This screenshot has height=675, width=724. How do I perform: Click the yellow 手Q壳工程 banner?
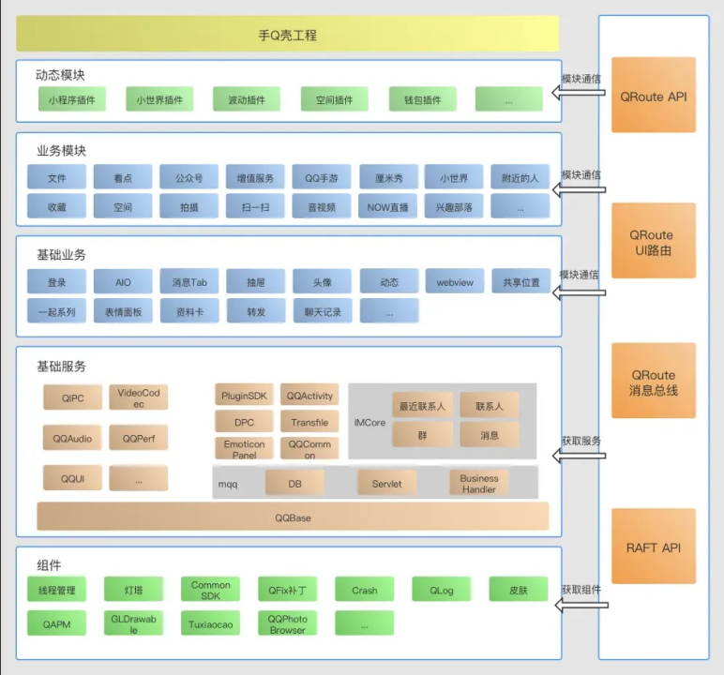pos(287,34)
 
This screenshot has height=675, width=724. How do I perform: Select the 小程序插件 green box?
pos(72,99)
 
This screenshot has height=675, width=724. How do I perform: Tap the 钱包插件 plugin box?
pos(422,99)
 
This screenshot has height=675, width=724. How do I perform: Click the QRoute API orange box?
pos(654,95)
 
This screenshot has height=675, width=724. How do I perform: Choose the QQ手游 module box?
pos(322,177)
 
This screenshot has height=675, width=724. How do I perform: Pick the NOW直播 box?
pos(387,206)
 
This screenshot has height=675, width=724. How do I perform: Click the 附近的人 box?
pos(520,177)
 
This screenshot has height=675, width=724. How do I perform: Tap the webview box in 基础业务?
pos(455,281)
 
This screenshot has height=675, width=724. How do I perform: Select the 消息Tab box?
pos(189,281)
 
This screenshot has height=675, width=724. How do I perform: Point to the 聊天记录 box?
pos(323,310)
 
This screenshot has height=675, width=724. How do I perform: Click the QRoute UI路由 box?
pos(654,241)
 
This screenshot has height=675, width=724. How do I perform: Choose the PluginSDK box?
pos(244,396)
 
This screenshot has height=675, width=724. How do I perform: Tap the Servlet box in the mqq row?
pos(387,483)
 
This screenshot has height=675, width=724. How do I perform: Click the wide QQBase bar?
pos(293,517)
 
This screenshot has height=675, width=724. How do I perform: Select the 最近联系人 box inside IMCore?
pos(422,405)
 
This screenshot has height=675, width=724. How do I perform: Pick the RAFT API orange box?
pos(654,547)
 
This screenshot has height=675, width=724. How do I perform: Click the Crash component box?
pos(364,589)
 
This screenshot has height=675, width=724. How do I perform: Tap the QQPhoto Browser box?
pos(287,623)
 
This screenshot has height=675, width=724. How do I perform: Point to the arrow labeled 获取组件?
pos(581,605)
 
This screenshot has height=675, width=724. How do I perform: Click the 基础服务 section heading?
pos(61,367)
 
